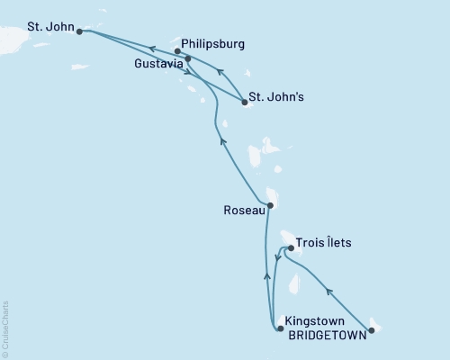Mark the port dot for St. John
(80, 31)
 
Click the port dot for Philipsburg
(177, 51)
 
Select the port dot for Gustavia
(187, 61)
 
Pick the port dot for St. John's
(245, 103)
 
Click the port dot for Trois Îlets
(289, 247)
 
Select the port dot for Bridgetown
(371, 329)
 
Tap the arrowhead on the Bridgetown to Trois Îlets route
(329, 291)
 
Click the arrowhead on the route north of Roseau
(218, 138)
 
